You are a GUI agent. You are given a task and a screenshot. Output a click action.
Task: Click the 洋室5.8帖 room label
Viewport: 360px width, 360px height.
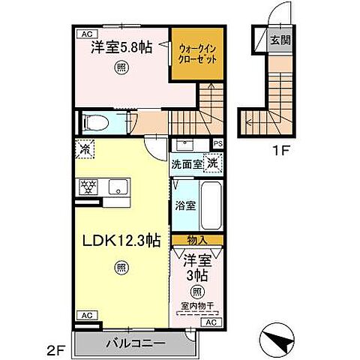[x=122, y=47]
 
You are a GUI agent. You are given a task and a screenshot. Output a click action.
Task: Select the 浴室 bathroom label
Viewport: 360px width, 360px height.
[x=185, y=205]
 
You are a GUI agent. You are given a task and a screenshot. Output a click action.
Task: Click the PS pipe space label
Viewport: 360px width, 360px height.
[x=218, y=143]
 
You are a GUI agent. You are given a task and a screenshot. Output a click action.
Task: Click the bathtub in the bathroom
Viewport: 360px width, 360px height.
[x=211, y=206]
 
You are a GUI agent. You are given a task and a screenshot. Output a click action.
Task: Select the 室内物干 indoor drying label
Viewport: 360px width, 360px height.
[x=196, y=305]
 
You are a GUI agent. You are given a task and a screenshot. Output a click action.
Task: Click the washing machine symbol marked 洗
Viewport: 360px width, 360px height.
[x=213, y=162]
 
